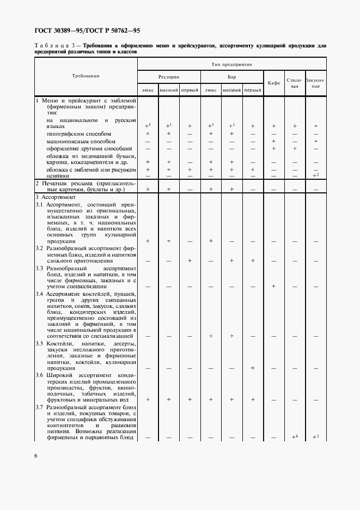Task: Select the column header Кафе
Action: coord(273,83)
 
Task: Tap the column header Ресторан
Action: coord(169,77)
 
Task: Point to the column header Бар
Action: coord(231,77)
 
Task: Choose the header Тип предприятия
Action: coord(231,64)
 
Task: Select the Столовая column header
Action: coord(295,83)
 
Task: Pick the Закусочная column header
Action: coord(315,83)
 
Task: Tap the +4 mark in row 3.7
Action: coord(295,437)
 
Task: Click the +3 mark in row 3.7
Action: coord(315,437)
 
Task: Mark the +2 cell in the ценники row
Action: coord(315,175)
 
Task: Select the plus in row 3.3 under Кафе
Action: coord(273,286)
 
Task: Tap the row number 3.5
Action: coord(40,344)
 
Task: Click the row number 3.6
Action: coord(40,374)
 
